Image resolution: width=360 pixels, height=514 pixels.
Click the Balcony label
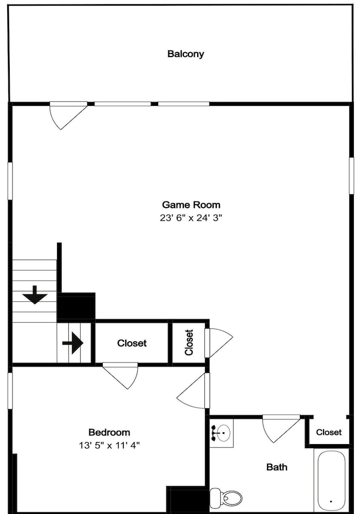coord(185,54)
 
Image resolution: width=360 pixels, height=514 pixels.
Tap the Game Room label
coord(191,205)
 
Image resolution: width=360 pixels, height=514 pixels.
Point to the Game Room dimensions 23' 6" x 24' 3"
coord(191,217)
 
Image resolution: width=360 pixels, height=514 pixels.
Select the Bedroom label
coord(109,432)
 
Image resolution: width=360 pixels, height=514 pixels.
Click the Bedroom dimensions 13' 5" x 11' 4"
coord(109,445)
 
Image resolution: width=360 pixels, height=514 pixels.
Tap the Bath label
coord(277,467)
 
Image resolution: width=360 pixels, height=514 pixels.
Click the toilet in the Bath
coord(225,497)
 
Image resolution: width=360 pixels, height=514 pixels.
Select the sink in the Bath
coord(221,433)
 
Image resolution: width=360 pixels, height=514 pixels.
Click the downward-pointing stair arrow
coord(35,295)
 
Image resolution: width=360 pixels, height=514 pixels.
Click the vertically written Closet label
coord(189,342)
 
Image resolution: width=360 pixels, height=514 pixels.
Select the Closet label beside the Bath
coord(329,432)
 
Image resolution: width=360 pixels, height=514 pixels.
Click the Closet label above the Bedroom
coord(131,343)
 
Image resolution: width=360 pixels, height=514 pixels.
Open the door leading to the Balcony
coord(68,115)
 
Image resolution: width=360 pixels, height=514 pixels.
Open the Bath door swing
coord(282,429)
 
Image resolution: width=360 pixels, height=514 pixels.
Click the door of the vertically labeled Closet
coord(219,343)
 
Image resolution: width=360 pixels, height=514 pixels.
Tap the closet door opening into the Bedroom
coord(121,376)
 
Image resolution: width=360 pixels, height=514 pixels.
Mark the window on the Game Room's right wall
coord(351,176)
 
